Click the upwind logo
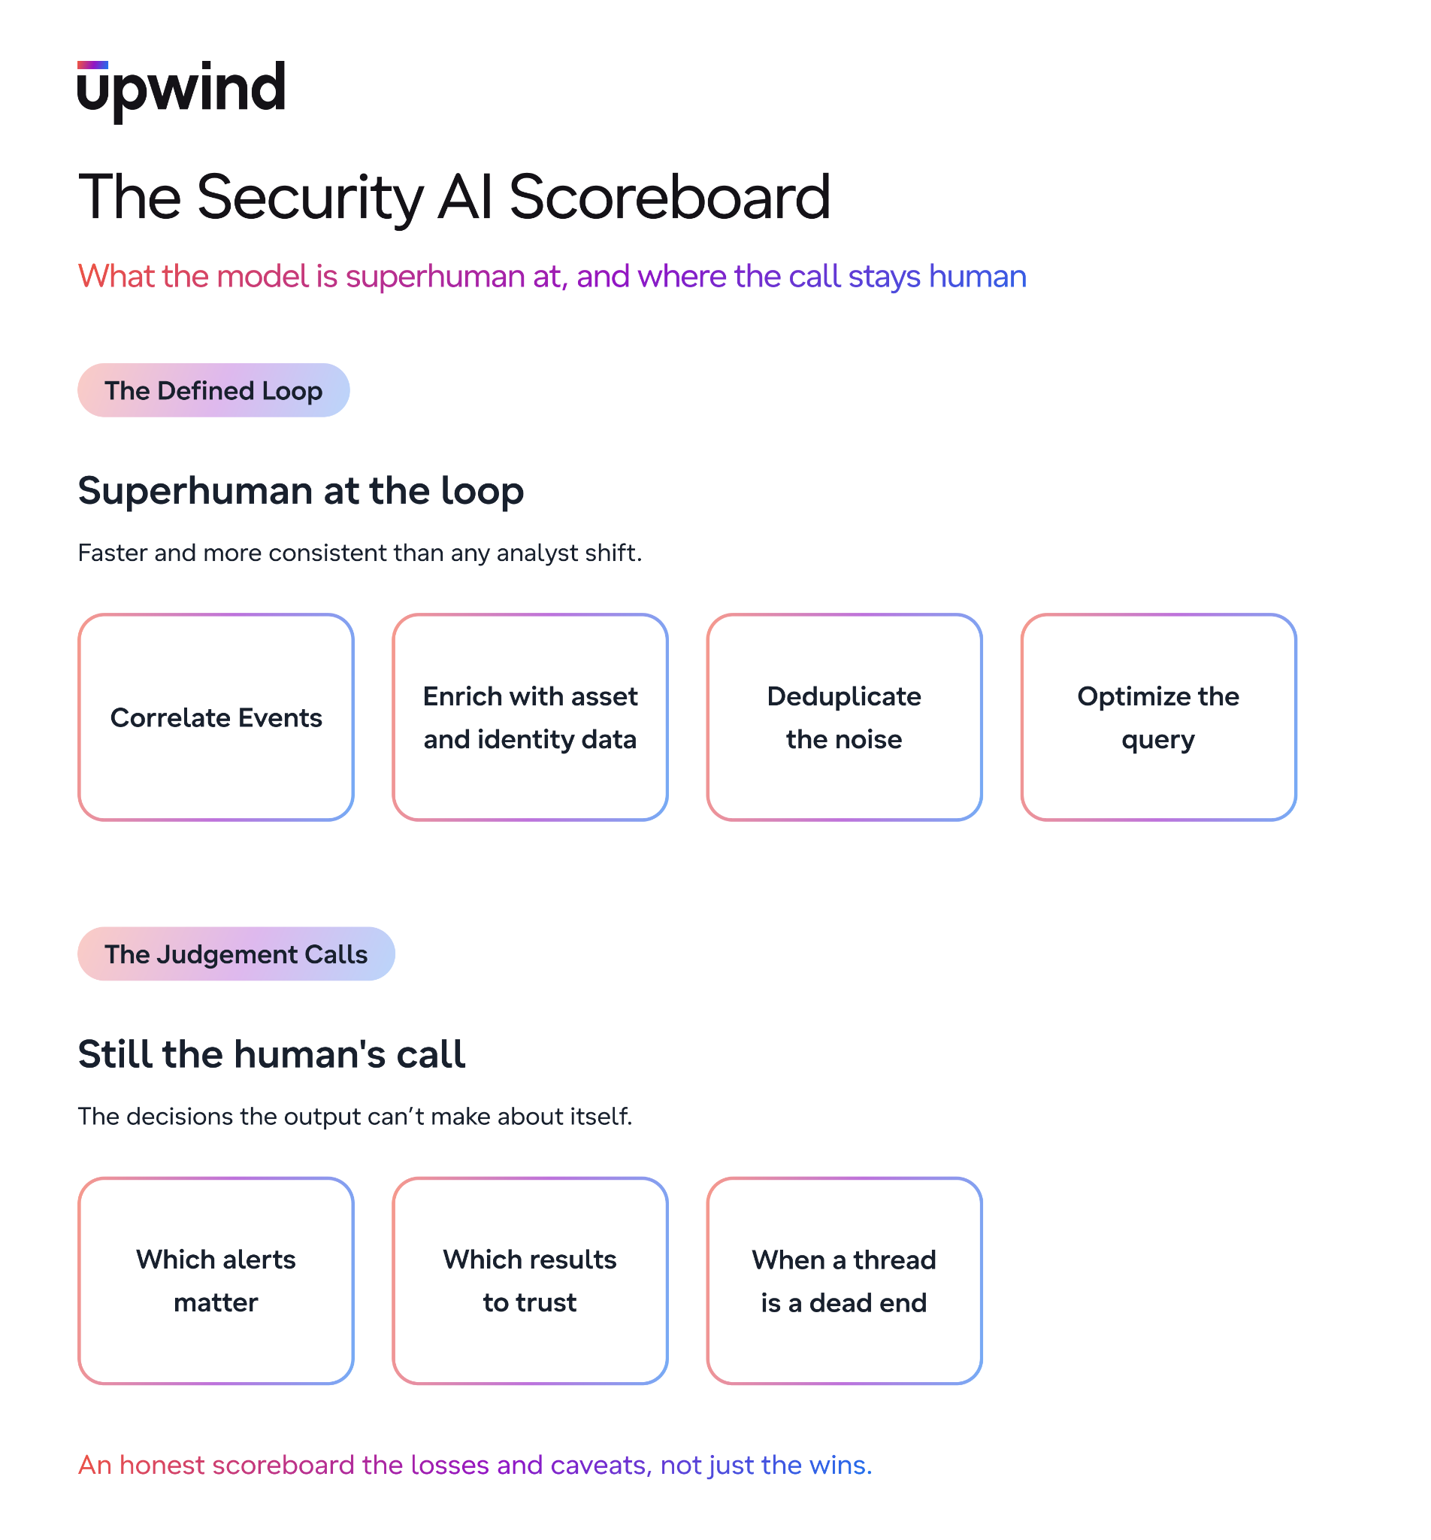coord(181,92)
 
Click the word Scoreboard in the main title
coord(669,197)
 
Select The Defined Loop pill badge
coord(213,390)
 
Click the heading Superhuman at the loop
coord(301,491)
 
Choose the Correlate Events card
coord(216,717)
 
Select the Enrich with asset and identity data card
coord(531,717)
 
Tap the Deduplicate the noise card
coord(845,717)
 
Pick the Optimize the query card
coord(1158,717)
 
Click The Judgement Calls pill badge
coord(236,953)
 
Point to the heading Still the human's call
coord(272,1054)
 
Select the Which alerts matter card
coord(216,1281)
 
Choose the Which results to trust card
coord(531,1281)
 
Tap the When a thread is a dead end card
coord(845,1281)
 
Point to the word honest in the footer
coord(162,1466)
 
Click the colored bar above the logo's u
coord(93,65)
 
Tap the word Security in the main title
coord(310,198)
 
